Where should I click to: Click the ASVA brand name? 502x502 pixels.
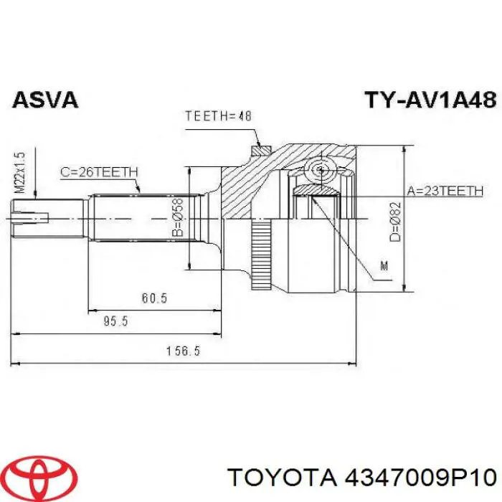pyautogui.click(x=44, y=100)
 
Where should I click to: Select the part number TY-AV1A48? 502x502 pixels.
pyautogui.click(x=428, y=100)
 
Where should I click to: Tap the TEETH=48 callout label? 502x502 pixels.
pyautogui.click(x=219, y=115)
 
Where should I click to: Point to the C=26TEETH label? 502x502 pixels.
pyautogui.click(x=99, y=171)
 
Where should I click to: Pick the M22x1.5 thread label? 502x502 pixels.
pyautogui.click(x=21, y=172)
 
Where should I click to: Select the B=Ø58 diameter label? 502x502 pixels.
pyautogui.click(x=179, y=218)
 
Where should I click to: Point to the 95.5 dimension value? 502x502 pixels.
pyautogui.click(x=115, y=321)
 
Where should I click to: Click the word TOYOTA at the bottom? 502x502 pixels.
pyautogui.click(x=279, y=475)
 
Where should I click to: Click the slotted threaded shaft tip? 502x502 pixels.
pyautogui.click(x=29, y=214)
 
